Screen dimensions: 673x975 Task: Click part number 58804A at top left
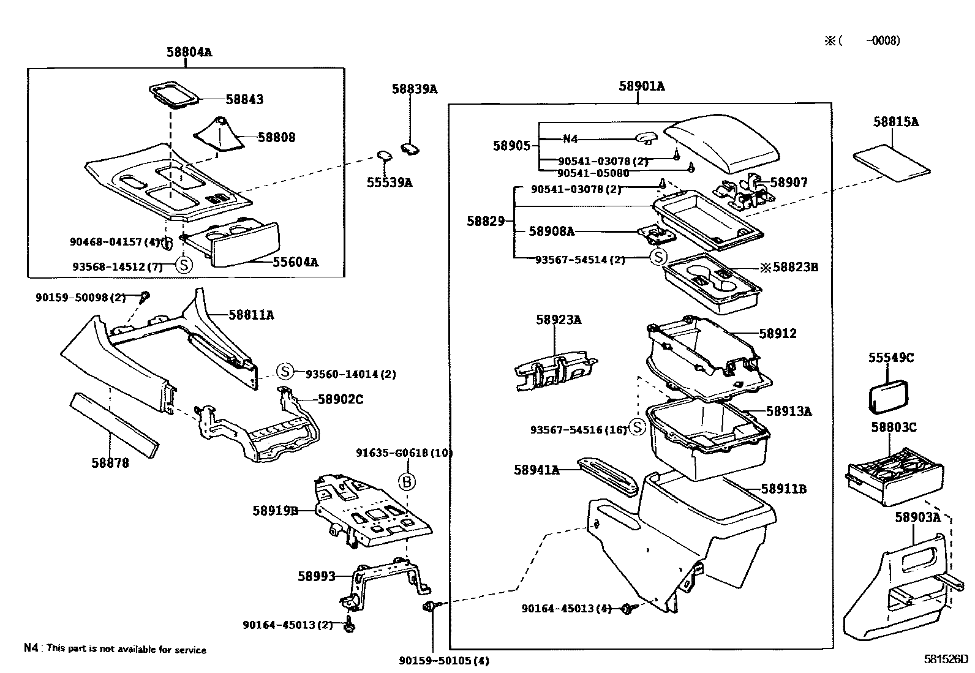(x=189, y=52)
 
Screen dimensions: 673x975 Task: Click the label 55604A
(x=296, y=263)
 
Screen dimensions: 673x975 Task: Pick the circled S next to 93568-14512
(x=184, y=265)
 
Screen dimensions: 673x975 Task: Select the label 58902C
(x=341, y=399)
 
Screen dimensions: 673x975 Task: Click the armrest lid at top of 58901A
(x=723, y=144)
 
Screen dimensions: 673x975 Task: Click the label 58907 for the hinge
(x=789, y=182)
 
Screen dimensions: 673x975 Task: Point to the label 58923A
(x=559, y=320)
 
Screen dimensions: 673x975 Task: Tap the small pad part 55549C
(x=887, y=398)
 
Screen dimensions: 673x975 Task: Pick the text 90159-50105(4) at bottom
(x=444, y=661)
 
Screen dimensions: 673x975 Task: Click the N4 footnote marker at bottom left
(x=31, y=648)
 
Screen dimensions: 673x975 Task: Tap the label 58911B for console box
(x=783, y=489)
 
